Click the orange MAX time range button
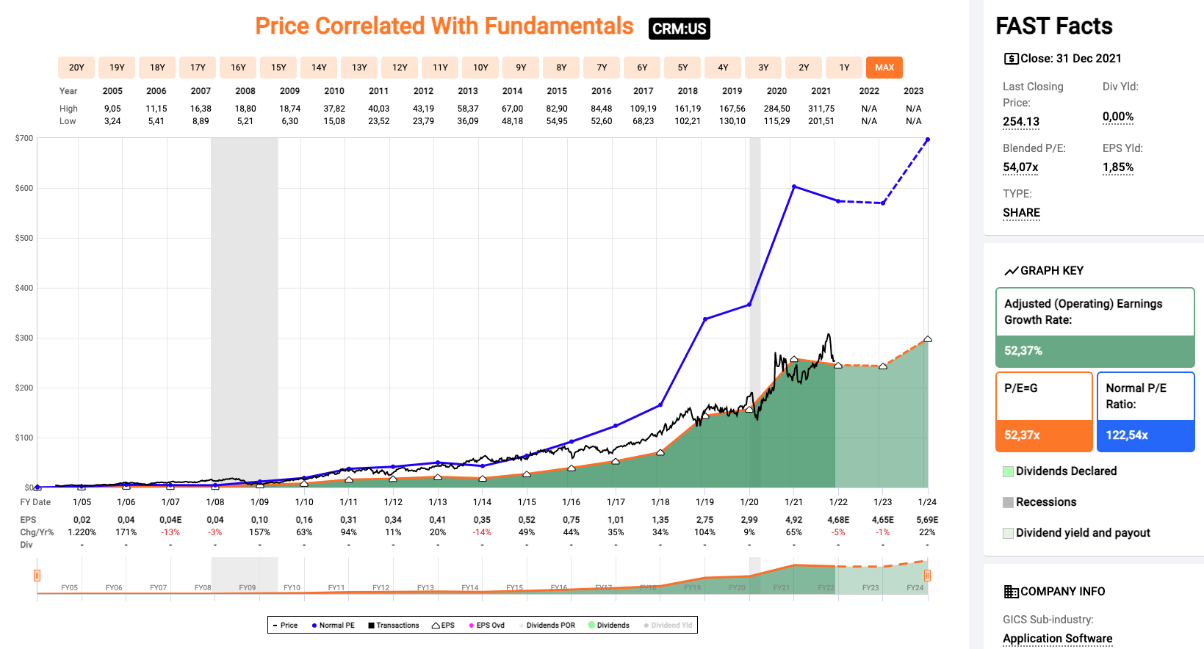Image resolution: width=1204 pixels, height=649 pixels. point(884,68)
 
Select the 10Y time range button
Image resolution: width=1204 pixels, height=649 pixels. point(480,68)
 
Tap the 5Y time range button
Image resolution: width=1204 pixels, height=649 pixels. point(682,68)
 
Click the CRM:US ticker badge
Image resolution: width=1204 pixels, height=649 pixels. point(679,29)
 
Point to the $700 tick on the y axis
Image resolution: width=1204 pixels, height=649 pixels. point(24,138)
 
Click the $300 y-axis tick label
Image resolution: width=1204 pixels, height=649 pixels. point(24,338)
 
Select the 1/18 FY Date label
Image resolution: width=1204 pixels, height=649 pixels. point(660,502)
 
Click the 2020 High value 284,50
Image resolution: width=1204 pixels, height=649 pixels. point(776,109)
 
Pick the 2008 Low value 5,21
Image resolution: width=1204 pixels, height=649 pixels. point(245,121)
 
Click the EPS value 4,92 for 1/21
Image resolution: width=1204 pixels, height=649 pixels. point(794,520)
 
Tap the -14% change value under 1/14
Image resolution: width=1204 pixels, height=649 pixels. point(482,532)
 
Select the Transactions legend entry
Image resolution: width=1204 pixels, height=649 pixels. point(394,626)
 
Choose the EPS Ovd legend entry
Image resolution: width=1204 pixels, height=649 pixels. point(487,626)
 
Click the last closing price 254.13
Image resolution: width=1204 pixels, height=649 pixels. point(1021,122)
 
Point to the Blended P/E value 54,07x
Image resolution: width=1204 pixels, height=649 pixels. point(1020,167)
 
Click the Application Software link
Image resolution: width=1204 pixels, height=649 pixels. point(1057,639)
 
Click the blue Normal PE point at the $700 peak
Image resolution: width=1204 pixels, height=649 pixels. point(928,139)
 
